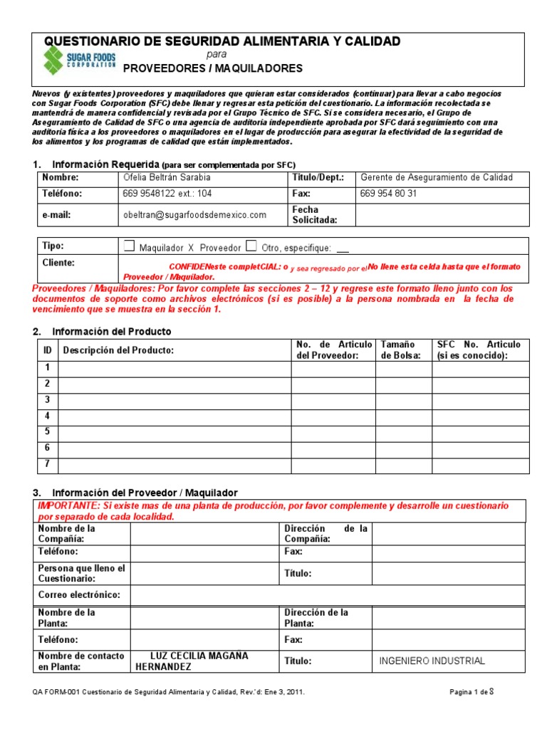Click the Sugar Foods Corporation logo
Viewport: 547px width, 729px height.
click(78, 60)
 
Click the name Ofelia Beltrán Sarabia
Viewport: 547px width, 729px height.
click(167, 177)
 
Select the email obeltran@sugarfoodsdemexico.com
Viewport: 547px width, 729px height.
click(194, 214)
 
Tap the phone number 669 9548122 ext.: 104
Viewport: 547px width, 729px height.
click(167, 194)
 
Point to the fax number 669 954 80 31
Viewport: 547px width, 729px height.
click(389, 194)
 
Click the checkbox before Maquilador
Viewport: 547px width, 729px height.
click(129, 246)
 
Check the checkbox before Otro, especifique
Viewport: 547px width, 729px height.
click(251, 246)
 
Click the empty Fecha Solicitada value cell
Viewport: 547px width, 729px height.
click(442, 214)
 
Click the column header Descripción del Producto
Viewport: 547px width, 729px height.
click(119, 350)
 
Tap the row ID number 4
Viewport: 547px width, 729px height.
click(48, 416)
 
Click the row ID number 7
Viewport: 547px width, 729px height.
click(48, 464)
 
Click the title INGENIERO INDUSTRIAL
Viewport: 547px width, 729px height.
click(432, 661)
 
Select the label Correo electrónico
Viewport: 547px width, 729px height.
click(79, 594)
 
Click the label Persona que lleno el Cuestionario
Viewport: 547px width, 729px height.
click(81, 573)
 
